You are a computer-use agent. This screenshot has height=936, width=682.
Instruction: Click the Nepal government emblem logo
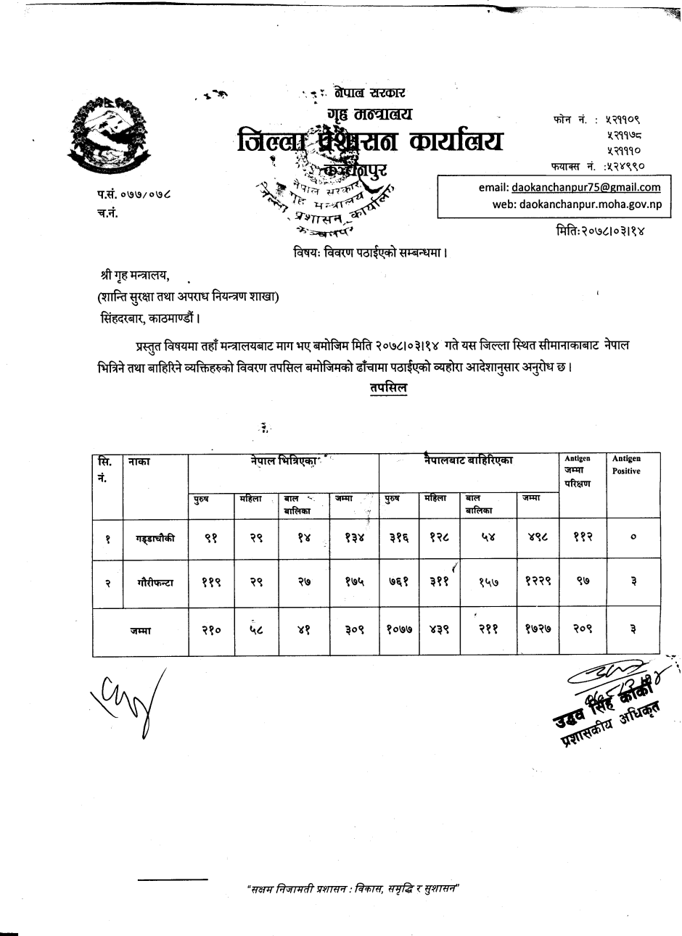[105, 136]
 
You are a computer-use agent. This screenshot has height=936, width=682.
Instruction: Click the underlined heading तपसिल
[388, 389]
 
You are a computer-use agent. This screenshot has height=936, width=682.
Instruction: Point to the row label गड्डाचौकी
[155, 538]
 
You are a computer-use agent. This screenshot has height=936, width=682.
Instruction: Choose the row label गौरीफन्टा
[155, 582]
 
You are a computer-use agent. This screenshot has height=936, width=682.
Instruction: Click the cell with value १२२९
[538, 582]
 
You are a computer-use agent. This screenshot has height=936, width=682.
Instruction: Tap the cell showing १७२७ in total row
[538, 630]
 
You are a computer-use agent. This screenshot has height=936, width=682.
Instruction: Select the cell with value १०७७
[399, 630]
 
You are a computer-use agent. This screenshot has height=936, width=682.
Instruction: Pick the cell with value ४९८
[538, 538]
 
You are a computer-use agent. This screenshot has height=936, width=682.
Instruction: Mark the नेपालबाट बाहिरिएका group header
[469, 460]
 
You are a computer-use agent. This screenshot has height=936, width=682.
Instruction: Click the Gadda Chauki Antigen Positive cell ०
[633, 538]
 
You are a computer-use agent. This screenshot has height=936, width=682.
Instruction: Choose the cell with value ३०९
[354, 630]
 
